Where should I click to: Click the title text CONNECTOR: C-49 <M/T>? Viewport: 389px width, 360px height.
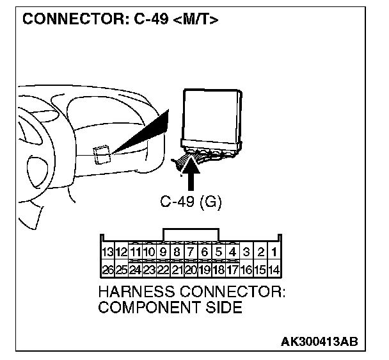coord(120,20)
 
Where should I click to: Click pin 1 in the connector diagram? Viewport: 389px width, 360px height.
coord(274,251)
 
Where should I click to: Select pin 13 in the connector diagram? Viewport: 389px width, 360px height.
coord(107,251)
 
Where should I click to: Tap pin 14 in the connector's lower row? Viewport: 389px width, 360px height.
coord(274,270)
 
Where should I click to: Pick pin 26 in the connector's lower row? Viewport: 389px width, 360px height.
coord(107,270)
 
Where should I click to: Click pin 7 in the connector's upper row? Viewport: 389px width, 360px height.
coord(191,251)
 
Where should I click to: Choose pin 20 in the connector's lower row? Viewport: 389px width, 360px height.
coord(191,270)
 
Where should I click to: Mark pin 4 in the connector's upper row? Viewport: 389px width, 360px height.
coord(232,251)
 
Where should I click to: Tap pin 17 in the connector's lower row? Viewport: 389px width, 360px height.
coord(232,270)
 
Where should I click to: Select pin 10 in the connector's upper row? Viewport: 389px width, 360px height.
coord(149,251)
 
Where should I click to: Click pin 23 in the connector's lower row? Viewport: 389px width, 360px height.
coord(149,270)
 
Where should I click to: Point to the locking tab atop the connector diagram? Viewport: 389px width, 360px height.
coord(191,234)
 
